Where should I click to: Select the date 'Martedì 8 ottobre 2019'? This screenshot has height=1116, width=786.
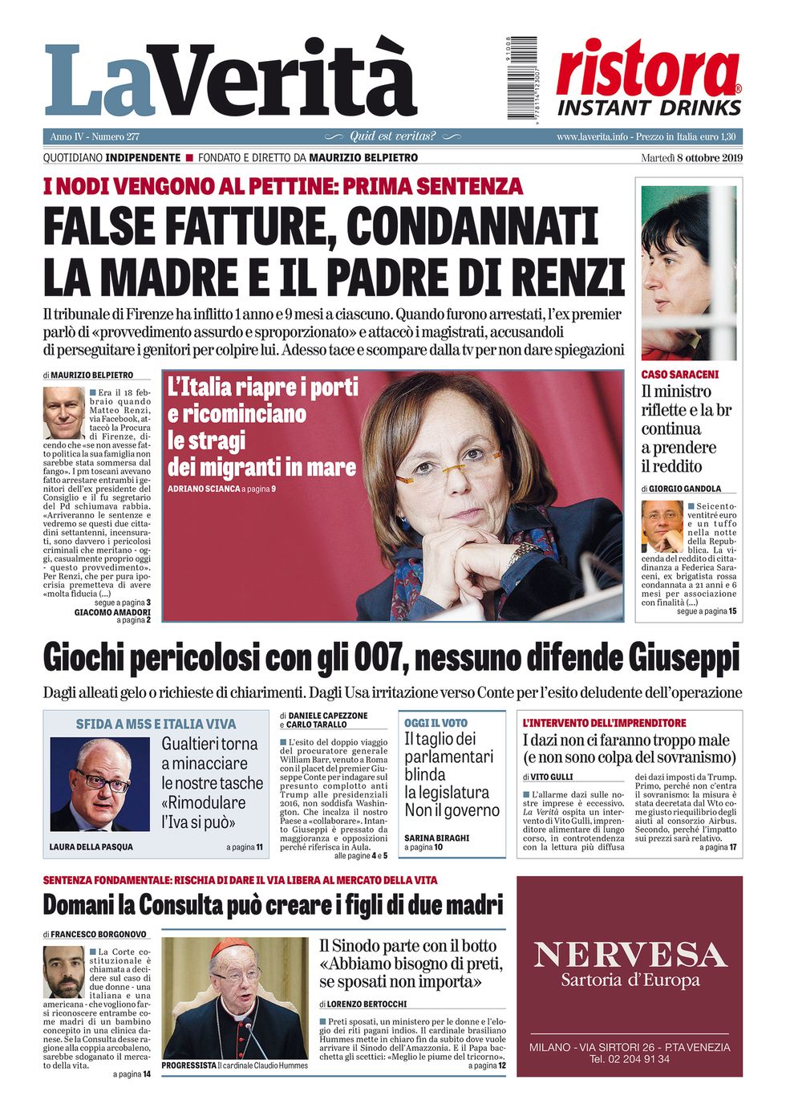pyautogui.click(x=691, y=157)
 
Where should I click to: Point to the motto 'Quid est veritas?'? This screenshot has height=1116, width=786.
pyautogui.click(x=392, y=136)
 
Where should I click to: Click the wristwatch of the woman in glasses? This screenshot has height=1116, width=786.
pyautogui.click(x=525, y=553)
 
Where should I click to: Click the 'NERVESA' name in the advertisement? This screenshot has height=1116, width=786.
pyautogui.click(x=630, y=955)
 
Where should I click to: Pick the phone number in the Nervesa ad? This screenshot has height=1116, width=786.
pyautogui.click(x=630, y=1059)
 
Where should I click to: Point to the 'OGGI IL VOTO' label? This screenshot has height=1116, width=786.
pyautogui.click(x=436, y=723)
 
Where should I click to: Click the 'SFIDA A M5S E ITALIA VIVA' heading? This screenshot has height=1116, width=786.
pyautogui.click(x=156, y=724)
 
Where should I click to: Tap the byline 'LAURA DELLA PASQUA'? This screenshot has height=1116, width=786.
pyautogui.click(x=91, y=847)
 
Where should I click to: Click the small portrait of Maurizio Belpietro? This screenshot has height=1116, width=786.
pyautogui.click(x=63, y=412)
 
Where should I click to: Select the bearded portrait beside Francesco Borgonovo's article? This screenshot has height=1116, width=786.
pyautogui.click(x=63, y=972)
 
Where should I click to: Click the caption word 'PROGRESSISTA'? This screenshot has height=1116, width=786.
pyautogui.click(x=188, y=1065)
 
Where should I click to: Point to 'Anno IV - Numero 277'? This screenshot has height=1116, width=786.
pyautogui.click(x=95, y=136)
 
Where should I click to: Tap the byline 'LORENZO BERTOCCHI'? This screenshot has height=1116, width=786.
pyautogui.click(x=367, y=1004)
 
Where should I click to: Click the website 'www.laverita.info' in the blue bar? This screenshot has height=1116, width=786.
pyautogui.click(x=592, y=136)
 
